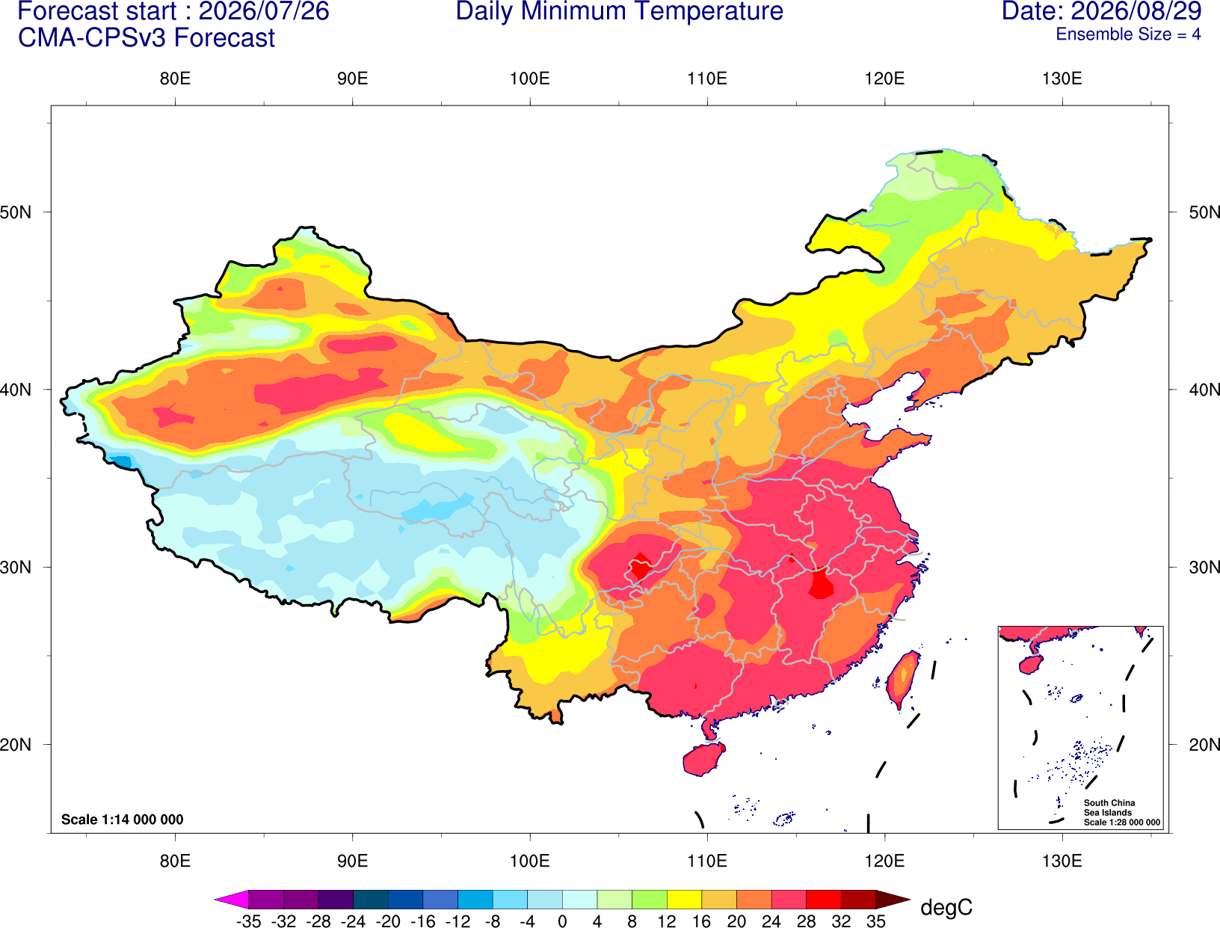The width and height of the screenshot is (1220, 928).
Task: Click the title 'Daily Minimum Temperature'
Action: point(619,11)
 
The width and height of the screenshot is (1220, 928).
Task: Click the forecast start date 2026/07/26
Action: point(264,11)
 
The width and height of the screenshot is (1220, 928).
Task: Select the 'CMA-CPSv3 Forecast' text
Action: point(147,38)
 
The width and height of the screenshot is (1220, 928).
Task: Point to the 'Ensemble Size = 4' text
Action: point(1128,34)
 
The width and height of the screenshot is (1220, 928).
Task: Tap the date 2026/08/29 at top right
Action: point(1136,11)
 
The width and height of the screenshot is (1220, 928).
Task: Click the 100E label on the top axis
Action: point(530,79)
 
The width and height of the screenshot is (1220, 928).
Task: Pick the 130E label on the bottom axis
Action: point(1062,861)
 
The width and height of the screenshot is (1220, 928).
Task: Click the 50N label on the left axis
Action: point(16,212)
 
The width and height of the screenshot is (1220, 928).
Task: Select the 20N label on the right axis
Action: point(1204,745)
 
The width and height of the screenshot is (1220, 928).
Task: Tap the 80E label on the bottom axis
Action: point(175,861)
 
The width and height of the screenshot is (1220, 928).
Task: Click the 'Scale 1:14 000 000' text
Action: point(123,819)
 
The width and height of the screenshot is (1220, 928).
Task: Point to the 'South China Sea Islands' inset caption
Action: point(1110,808)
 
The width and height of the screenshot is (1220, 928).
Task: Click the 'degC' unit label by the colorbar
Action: point(946,908)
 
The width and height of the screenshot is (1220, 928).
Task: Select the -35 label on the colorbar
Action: point(248,921)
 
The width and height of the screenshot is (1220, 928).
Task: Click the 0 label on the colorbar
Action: point(562,921)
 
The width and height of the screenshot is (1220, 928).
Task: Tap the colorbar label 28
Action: point(806,921)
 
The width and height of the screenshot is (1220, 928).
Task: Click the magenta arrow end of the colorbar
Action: point(231,899)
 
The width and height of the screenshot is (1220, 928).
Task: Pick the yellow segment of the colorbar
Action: point(684,899)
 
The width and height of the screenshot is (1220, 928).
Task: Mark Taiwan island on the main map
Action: point(902,680)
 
